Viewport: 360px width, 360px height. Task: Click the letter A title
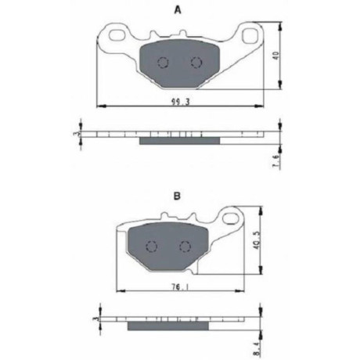click(178, 10)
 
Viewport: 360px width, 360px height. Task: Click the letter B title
click(177, 196)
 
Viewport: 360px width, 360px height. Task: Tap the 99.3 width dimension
click(180, 102)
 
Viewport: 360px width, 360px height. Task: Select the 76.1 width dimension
click(181, 287)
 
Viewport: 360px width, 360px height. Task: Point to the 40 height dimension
click(276, 56)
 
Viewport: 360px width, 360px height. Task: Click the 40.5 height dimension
click(257, 243)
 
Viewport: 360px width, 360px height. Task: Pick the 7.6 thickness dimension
click(276, 161)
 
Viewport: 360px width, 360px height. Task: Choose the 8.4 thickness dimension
click(257, 347)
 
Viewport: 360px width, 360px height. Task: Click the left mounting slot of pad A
click(117, 34)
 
